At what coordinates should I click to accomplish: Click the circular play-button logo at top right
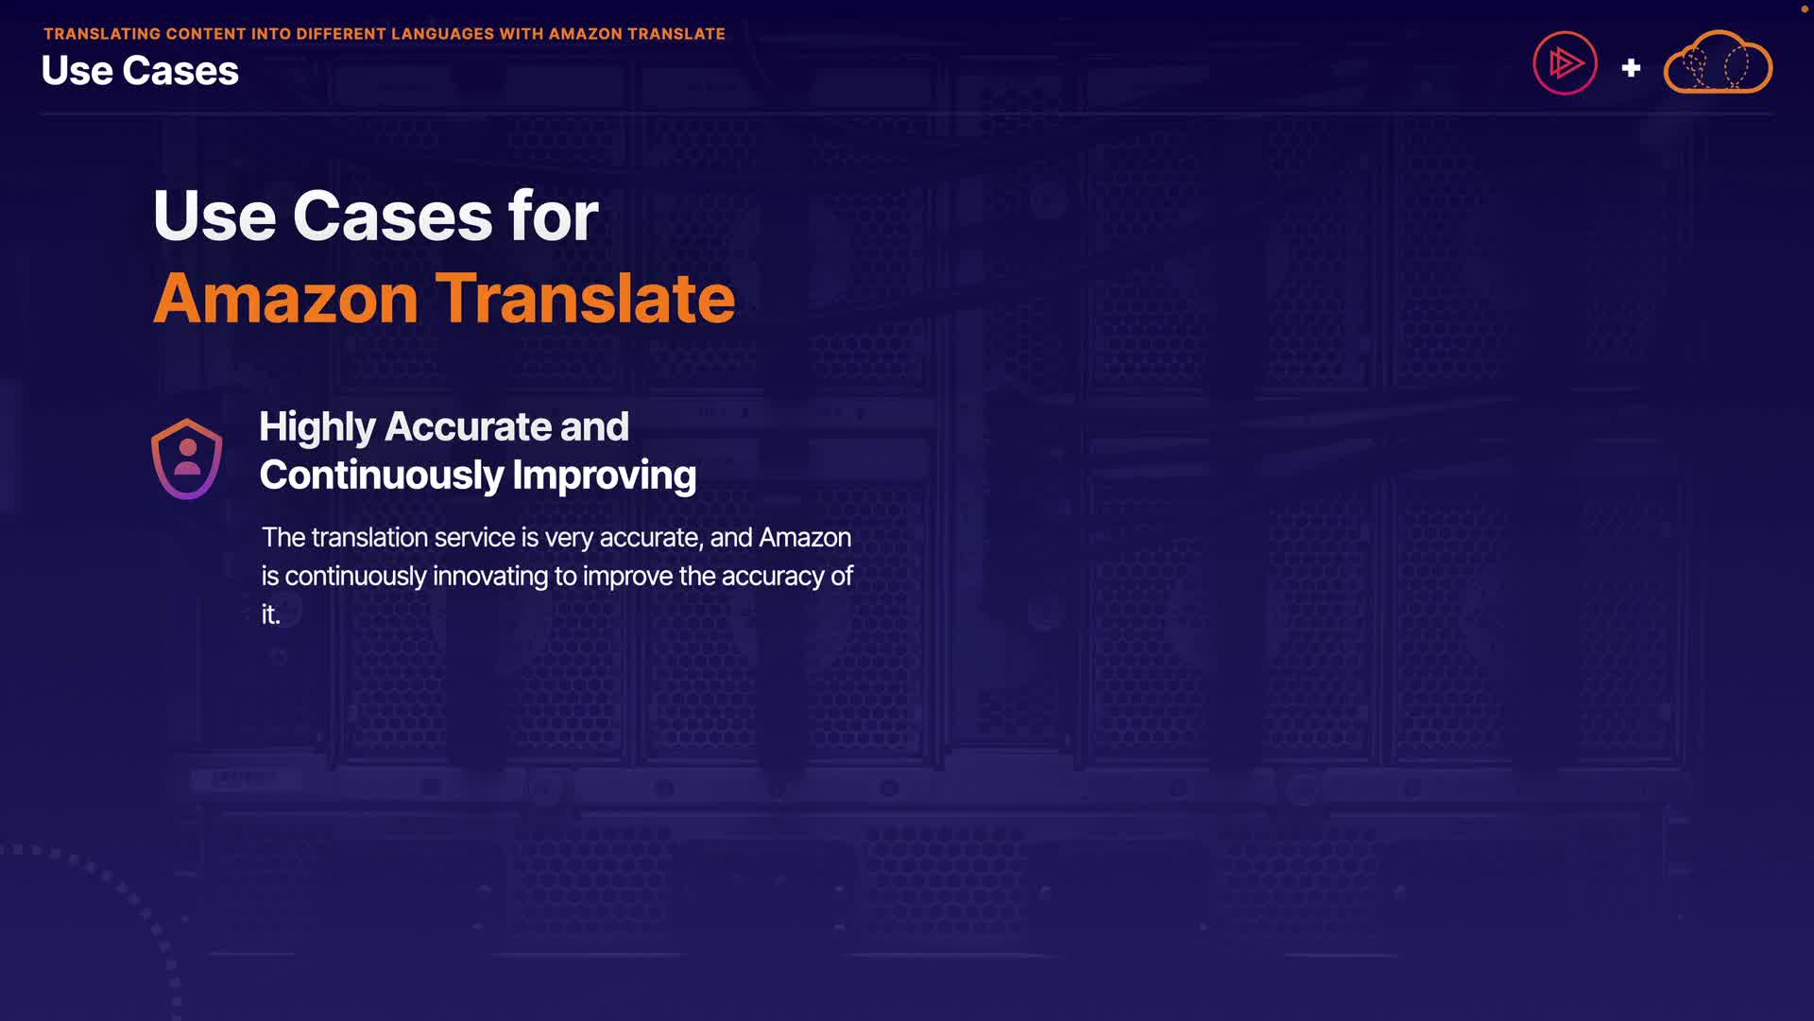(1565, 63)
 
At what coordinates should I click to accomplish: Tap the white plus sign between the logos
(1631, 68)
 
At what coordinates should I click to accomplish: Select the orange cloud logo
(1718, 61)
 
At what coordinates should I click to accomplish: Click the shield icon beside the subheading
(187, 459)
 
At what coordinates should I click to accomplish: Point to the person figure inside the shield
(187, 457)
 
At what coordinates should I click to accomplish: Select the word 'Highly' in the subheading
(317, 427)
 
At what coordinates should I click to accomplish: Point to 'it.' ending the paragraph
(271, 614)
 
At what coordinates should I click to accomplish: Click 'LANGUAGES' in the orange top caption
(442, 34)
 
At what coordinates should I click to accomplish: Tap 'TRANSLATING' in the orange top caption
(102, 34)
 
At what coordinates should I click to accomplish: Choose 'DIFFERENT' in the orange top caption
(341, 34)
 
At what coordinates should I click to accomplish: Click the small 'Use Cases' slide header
(140, 71)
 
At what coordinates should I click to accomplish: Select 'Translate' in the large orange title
(585, 299)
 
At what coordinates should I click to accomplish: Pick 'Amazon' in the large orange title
(285, 299)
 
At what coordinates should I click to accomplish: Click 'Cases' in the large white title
(392, 216)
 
